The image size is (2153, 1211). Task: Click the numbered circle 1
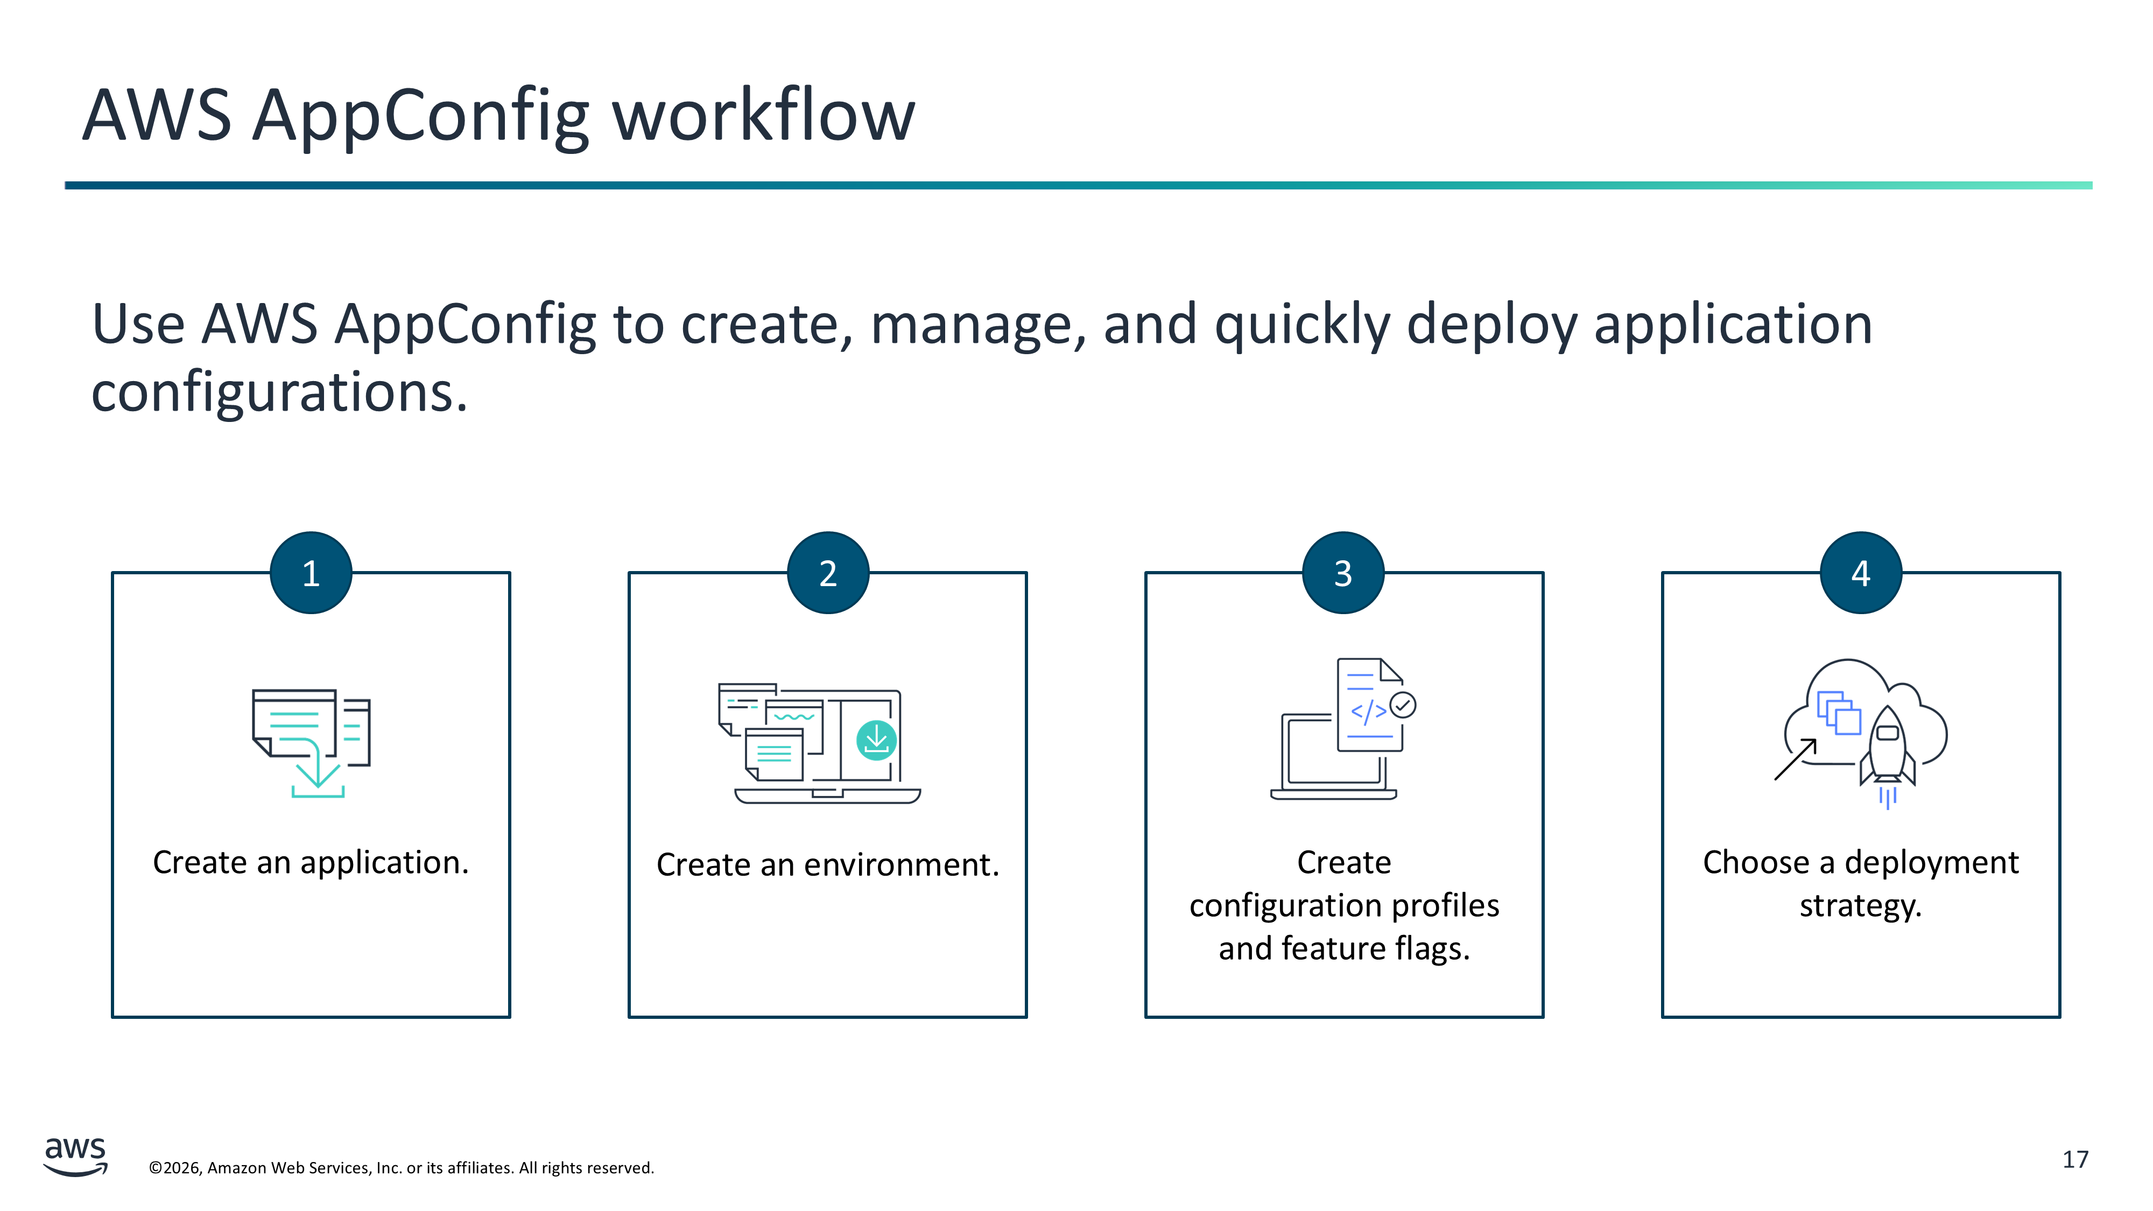(x=311, y=573)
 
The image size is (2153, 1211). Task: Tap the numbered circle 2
(x=827, y=573)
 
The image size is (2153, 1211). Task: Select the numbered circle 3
(x=1343, y=573)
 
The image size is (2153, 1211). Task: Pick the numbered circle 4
(x=1861, y=573)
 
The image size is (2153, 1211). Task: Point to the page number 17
(x=2074, y=1159)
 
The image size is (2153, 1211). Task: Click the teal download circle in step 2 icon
(x=876, y=740)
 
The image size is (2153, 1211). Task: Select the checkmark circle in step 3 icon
(x=1403, y=705)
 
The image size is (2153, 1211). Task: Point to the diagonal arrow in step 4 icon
(x=1795, y=759)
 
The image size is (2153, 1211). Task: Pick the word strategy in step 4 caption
(x=1861, y=906)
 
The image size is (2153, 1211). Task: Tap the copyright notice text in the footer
(x=401, y=1167)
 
